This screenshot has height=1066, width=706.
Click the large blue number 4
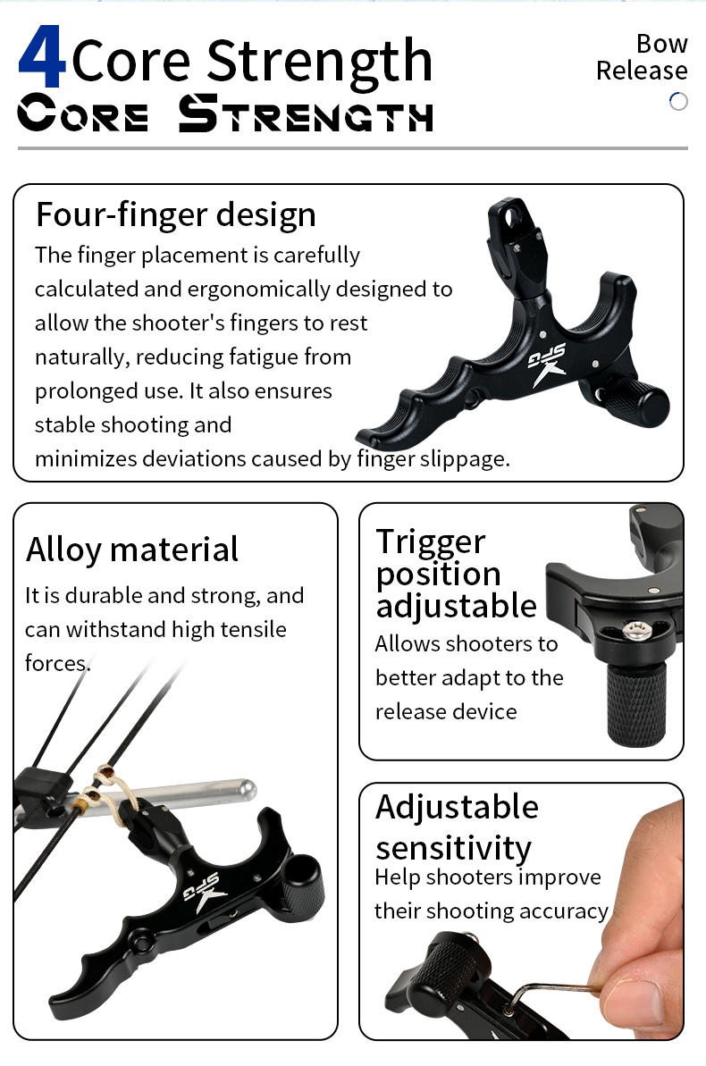[x=41, y=56]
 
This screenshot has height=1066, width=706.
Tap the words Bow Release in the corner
[x=642, y=56]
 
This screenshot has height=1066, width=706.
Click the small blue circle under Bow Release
[x=678, y=101]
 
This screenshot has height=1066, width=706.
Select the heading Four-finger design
[x=175, y=214]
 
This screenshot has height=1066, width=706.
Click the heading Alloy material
[x=132, y=550]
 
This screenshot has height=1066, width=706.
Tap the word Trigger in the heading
[x=431, y=542]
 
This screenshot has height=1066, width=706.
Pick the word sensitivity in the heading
[x=454, y=848]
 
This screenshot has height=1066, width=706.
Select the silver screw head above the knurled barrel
[x=637, y=630]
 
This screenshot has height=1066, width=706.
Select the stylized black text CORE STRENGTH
[x=225, y=113]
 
